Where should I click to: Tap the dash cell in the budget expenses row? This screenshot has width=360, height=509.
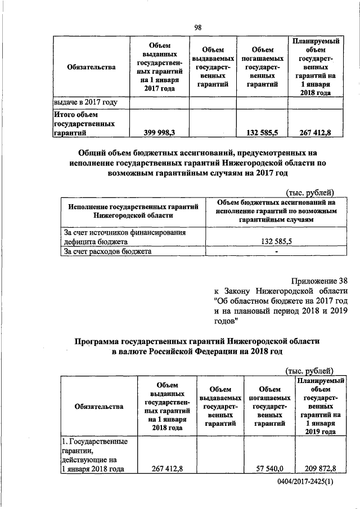point(276,251)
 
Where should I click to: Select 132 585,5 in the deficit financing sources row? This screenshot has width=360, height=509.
point(276,241)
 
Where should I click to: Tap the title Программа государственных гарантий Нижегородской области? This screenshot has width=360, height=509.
point(197,346)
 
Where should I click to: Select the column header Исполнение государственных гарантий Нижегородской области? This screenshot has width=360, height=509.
point(133,211)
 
